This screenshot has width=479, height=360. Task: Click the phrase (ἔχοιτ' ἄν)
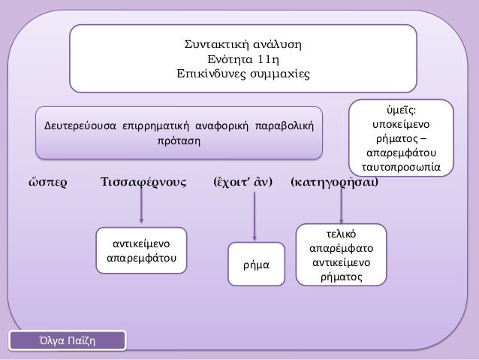243,183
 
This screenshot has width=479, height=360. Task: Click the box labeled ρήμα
256,265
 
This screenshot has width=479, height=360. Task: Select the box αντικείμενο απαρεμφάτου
141,252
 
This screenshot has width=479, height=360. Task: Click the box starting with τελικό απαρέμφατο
342,256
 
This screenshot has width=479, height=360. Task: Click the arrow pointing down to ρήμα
256,218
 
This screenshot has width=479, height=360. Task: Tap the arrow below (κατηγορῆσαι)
342,204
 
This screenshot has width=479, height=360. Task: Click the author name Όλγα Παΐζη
68,342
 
